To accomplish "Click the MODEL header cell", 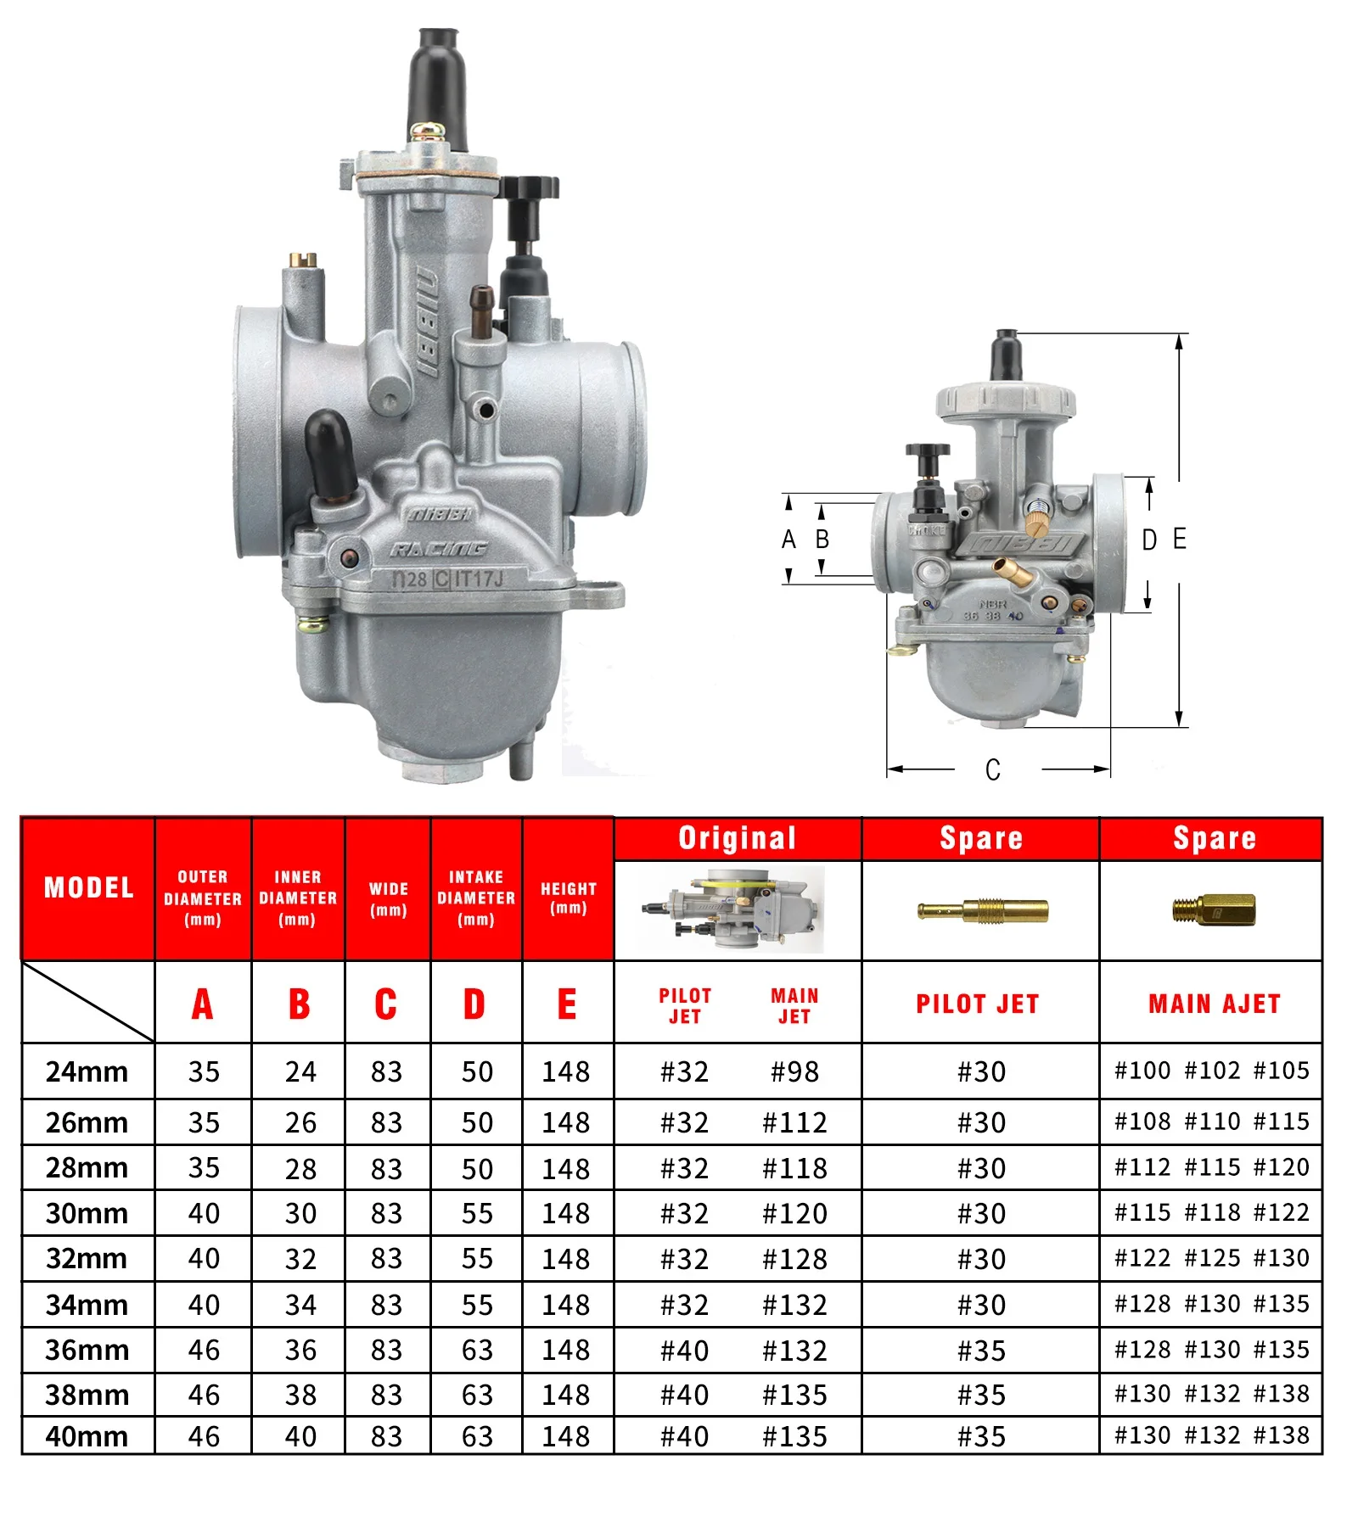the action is point(88,887).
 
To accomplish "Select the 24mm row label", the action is point(87,1071).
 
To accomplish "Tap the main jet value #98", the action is point(794,1071).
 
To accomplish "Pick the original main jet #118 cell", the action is point(794,1168).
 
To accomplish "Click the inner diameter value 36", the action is point(300,1350).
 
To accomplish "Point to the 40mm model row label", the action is point(87,1436).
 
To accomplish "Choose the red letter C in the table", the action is point(386,1004).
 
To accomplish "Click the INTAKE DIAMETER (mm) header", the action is point(476,898).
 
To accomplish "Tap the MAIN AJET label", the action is point(1214,1004).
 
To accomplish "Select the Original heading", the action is point(738,838).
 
